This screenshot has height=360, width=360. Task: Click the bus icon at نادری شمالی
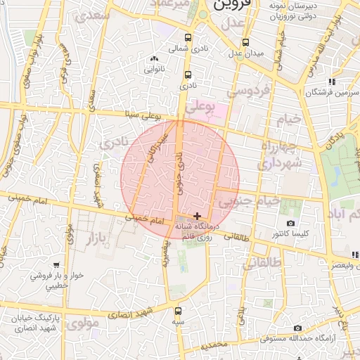(x=188, y=38)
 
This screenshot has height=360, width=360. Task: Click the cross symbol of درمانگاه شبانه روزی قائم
(x=197, y=215)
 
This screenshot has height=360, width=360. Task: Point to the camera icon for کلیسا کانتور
(x=290, y=224)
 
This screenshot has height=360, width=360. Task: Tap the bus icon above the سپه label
(x=178, y=310)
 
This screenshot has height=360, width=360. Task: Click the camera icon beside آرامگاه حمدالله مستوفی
(x=297, y=328)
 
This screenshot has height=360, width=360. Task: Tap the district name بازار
(x=98, y=239)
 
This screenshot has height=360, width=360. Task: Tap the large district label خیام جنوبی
(x=249, y=201)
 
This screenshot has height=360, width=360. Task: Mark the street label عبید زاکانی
(x=157, y=145)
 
